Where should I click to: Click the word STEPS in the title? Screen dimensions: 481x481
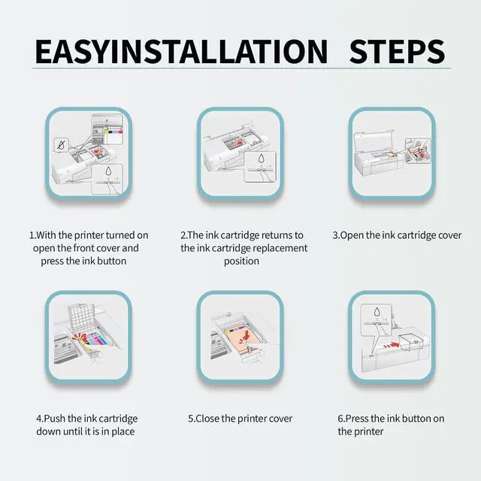click(x=397, y=51)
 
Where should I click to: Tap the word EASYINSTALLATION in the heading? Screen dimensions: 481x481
click(x=181, y=51)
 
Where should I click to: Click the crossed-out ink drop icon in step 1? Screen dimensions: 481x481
click(x=62, y=145)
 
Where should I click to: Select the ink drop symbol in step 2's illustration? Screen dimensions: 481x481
click(x=261, y=159)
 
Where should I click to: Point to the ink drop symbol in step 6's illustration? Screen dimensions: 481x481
click(x=377, y=313)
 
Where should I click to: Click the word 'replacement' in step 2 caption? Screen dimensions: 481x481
click(x=280, y=248)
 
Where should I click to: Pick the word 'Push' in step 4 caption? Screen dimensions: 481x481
click(x=55, y=419)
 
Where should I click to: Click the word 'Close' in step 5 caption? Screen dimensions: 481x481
click(x=207, y=419)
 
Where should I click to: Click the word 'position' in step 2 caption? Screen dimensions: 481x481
click(x=241, y=262)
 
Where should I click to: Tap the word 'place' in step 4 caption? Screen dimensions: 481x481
click(x=123, y=431)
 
